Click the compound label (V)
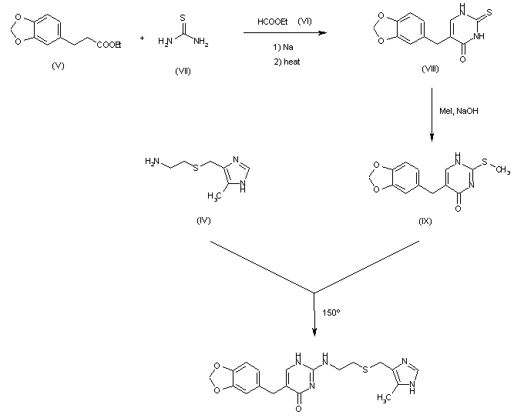click(x=57, y=65)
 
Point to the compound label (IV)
click(x=204, y=220)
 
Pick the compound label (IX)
click(x=425, y=221)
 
